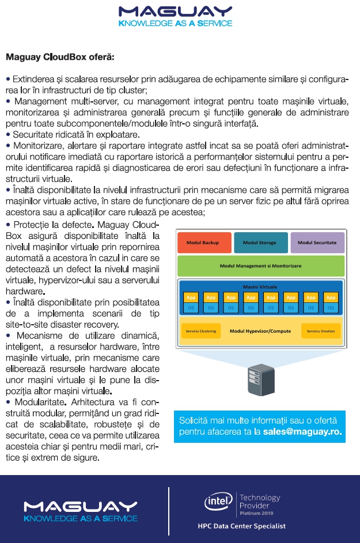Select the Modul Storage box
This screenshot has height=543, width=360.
(259, 243)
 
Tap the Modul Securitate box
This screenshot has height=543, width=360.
(317, 243)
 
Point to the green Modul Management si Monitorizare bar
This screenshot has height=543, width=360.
(261, 266)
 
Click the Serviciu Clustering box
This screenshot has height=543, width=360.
(198, 331)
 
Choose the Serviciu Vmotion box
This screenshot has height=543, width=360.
(321, 331)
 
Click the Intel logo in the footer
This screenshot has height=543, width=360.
(218, 502)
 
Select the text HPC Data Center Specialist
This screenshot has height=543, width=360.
(241, 526)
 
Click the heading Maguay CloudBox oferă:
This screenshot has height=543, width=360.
(60, 57)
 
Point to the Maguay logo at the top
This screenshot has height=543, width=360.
(175, 16)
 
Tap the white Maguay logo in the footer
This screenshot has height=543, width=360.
(80, 510)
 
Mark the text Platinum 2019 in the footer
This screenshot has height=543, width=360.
(256, 512)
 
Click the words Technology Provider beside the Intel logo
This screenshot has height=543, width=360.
(259, 501)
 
